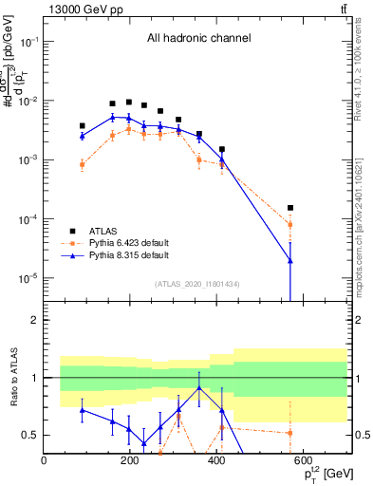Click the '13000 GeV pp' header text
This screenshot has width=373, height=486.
[x=78, y=9]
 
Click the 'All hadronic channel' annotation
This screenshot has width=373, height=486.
[x=198, y=39]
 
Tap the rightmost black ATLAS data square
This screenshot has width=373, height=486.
[x=290, y=208]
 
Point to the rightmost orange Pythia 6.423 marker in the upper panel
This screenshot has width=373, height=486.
[x=290, y=225]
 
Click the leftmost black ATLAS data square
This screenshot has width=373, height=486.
[x=83, y=125]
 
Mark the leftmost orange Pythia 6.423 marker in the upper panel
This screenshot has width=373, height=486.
[x=83, y=164]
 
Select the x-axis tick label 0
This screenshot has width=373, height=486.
[x=44, y=461]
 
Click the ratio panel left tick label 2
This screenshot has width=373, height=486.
[x=35, y=320]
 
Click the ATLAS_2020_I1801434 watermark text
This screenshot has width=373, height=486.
[x=196, y=285]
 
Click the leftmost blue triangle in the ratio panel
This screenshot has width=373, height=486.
[x=83, y=410]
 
